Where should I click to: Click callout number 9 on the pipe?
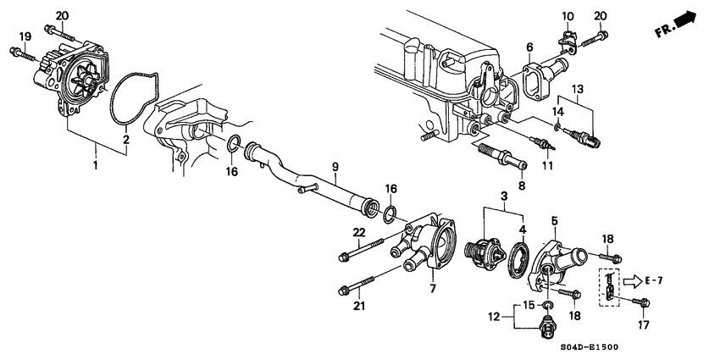(335, 167)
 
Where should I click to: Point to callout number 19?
(25, 36)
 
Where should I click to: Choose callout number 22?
(358, 233)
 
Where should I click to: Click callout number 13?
(578, 89)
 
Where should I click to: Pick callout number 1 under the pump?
(95, 166)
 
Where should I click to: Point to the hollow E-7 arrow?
(634, 280)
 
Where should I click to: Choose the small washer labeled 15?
(546, 304)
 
